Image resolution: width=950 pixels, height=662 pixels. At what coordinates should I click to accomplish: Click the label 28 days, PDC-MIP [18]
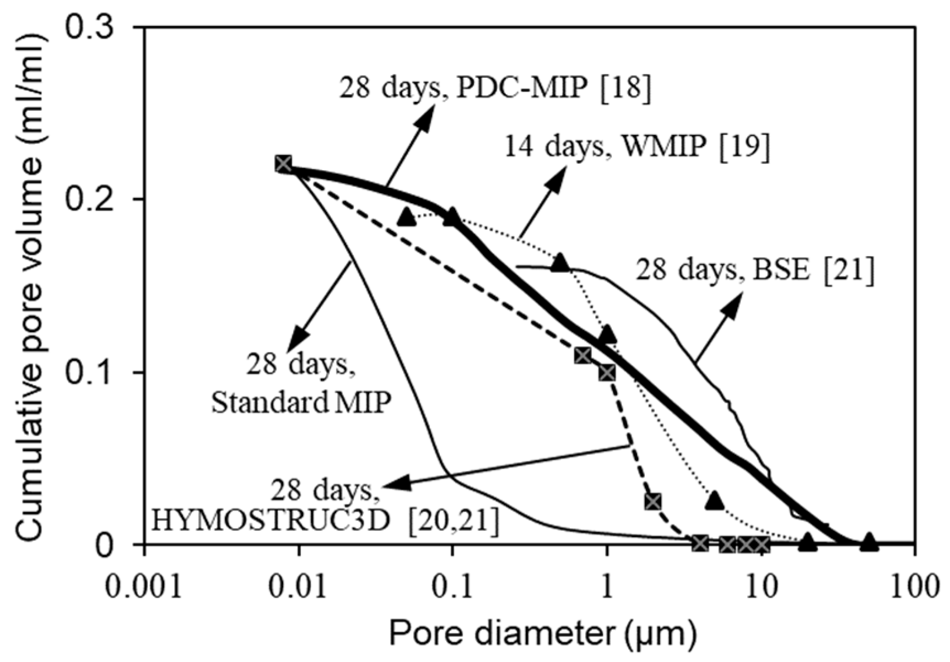point(494,88)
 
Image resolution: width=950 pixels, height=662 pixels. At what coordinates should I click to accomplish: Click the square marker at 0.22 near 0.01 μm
point(283,164)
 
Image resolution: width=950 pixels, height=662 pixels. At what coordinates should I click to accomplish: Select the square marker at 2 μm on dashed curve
point(653,501)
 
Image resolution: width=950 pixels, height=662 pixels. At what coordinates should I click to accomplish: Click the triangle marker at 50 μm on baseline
point(869,542)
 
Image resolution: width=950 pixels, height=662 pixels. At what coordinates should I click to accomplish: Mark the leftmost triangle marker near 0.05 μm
point(406,217)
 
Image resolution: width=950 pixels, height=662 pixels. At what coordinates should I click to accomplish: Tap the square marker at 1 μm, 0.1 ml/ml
point(607,373)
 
